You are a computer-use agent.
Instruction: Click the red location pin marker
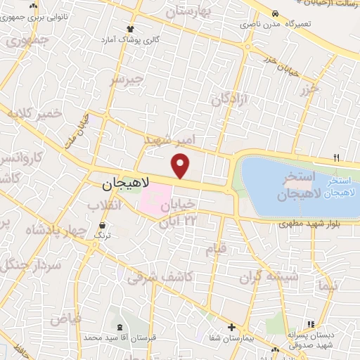point(181,166)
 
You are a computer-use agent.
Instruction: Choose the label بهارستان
point(191,13)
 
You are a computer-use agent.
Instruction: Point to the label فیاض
point(65,319)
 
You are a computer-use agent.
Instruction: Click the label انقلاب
point(104,205)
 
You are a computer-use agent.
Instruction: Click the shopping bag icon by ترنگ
point(103,226)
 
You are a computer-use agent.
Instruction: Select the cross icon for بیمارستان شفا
point(231,327)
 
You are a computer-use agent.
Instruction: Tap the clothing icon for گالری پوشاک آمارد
point(130,29)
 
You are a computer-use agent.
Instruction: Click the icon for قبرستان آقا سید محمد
point(118,327)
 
